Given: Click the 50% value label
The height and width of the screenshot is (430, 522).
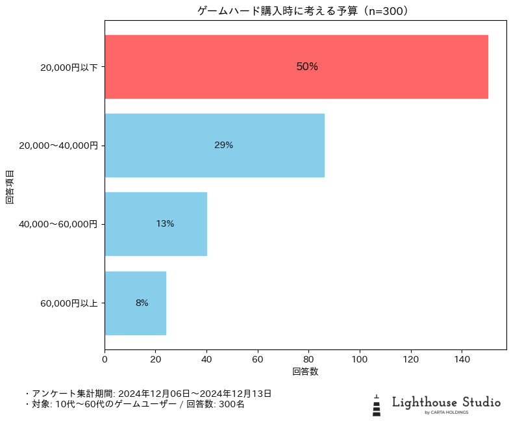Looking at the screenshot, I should click(x=307, y=67).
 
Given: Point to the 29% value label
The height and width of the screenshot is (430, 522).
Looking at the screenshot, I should click(x=223, y=145).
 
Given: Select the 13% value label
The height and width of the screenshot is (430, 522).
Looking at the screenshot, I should click(x=165, y=224).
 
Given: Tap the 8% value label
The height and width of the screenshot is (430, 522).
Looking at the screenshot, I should click(x=142, y=303).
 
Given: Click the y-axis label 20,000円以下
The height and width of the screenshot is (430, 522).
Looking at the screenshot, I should click(x=69, y=68).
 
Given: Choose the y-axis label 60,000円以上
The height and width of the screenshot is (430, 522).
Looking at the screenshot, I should click(x=69, y=303).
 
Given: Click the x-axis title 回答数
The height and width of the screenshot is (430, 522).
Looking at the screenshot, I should click(x=305, y=372).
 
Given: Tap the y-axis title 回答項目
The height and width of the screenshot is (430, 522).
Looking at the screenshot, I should click(x=10, y=187).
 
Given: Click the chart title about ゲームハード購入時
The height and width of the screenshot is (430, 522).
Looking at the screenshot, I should click(x=305, y=11).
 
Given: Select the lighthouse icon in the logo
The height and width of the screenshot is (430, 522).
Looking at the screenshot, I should click(x=377, y=405).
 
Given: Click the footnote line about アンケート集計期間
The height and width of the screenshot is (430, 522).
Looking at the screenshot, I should click(x=148, y=394).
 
